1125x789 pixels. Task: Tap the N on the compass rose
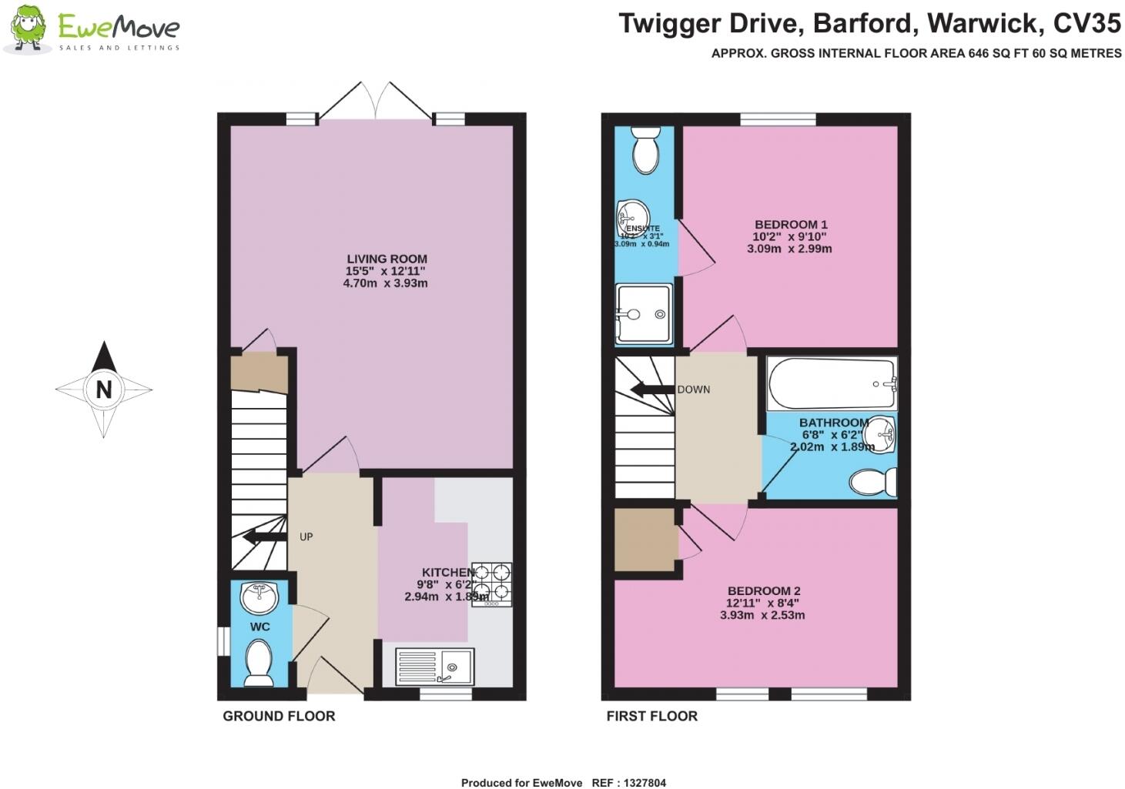click(103, 389)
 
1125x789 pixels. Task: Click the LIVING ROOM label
click(386, 259)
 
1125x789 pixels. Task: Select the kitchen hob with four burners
click(491, 583)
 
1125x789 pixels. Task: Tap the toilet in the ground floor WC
click(258, 663)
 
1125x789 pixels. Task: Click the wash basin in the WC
click(259, 596)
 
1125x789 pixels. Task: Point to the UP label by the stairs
click(306, 537)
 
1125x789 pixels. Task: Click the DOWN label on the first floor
click(693, 389)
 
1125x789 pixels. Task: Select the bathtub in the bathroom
click(832, 383)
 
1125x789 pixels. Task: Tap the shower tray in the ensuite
click(644, 314)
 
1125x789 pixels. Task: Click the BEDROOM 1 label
click(791, 225)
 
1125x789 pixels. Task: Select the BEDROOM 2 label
click(764, 591)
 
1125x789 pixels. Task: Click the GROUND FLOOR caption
click(279, 716)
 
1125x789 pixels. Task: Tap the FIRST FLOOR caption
click(651, 716)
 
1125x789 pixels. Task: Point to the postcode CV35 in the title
click(1086, 24)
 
